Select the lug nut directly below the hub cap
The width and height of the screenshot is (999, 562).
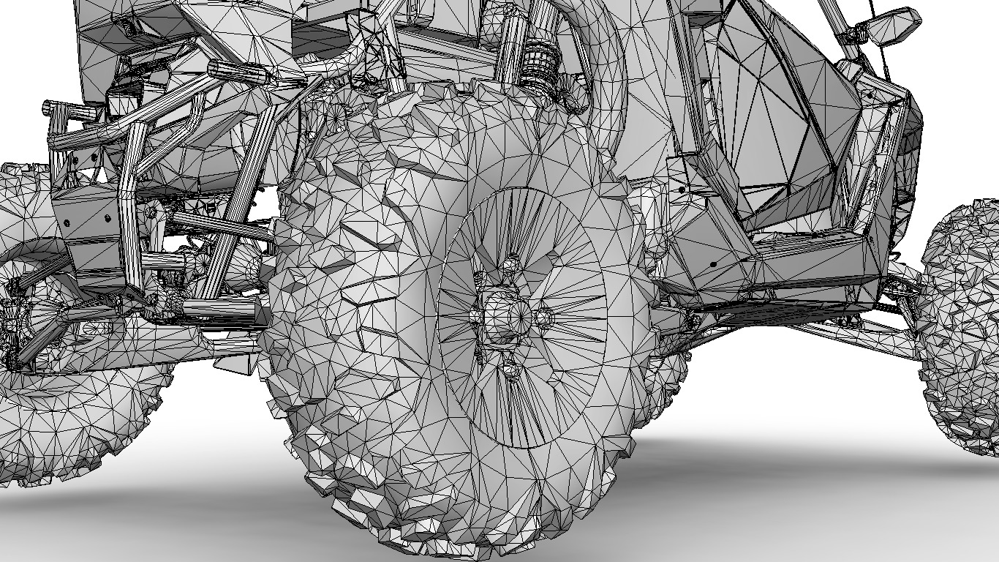coord(513,370)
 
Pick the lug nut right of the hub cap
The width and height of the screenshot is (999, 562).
coord(543,317)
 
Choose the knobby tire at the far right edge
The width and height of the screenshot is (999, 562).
coord(962,322)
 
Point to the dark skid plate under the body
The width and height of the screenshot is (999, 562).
coord(775,311)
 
